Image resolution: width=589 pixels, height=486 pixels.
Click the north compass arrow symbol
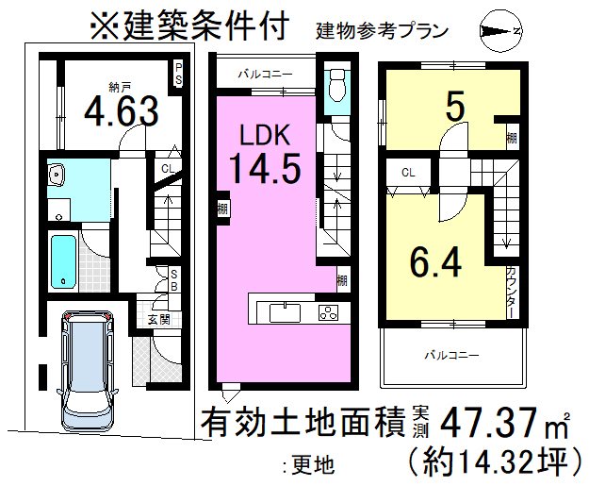tap(499, 32)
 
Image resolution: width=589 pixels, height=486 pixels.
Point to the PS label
tap(177, 74)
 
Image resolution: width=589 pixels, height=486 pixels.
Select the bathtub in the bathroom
tap(63, 260)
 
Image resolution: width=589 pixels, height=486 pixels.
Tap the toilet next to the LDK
tap(335, 90)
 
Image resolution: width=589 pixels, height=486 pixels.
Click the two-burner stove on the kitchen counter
tap(328, 311)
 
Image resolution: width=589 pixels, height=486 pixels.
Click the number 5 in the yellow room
tap(455, 107)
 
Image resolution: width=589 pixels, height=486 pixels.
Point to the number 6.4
tap(435, 261)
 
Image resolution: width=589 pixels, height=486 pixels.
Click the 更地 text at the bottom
tap(309, 462)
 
